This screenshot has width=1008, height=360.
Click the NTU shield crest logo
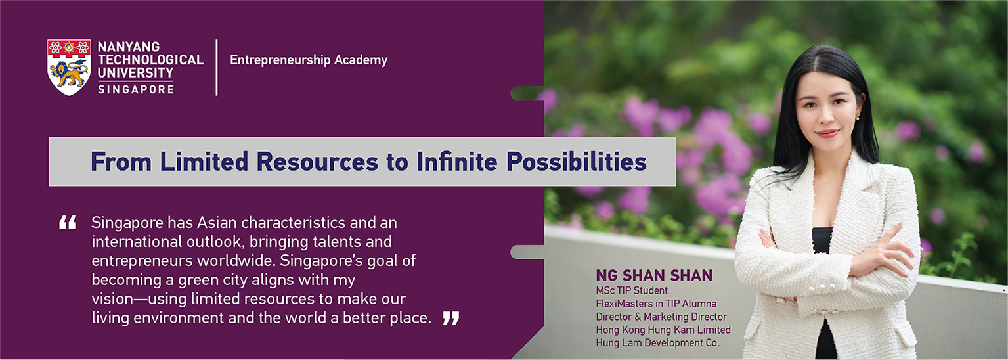click(69, 67)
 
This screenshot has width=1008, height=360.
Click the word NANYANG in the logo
click(129, 47)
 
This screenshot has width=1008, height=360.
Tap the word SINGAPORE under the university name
click(136, 89)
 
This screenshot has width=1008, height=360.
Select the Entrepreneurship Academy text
click(309, 60)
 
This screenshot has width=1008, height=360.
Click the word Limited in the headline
click(204, 162)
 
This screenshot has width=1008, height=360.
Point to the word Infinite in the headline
click(457, 162)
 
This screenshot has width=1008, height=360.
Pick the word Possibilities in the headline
click(576, 162)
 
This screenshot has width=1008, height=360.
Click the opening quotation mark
click(68, 223)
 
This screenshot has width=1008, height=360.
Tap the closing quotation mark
click(451, 318)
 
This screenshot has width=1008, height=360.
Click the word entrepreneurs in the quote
click(142, 261)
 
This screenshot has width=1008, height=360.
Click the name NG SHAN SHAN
click(654, 275)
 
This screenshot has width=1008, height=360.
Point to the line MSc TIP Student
click(632, 291)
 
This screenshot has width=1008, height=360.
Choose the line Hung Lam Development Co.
click(657, 343)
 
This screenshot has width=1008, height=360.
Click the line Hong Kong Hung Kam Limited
click(663, 330)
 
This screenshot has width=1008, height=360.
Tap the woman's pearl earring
click(857, 118)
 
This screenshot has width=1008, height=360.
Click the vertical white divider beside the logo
click(217, 68)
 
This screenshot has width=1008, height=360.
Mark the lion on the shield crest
click(68, 74)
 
